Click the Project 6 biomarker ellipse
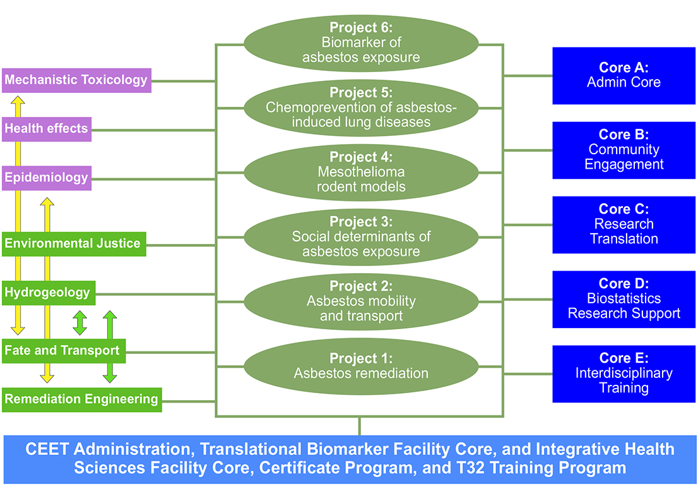tap(361, 44)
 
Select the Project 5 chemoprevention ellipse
tap(361, 108)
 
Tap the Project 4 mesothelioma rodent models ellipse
tap(361, 173)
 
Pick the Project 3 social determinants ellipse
tap(361, 237)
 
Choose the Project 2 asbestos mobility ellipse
tap(361, 302)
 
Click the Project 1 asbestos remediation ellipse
tap(361, 367)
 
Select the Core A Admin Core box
tap(624, 76)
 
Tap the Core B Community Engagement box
tap(624, 150)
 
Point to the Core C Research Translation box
tap(624, 225)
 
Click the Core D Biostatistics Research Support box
tap(624, 299)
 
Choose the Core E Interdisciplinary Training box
tap(624, 374)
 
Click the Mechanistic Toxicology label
tap(76, 80)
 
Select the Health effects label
tap(47, 130)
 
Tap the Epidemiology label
tap(47, 178)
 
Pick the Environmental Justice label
tap(74, 244)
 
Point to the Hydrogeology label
tap(49, 293)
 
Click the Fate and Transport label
tap(64, 351)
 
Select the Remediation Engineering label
tap(82, 399)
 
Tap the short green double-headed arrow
tap(80, 323)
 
